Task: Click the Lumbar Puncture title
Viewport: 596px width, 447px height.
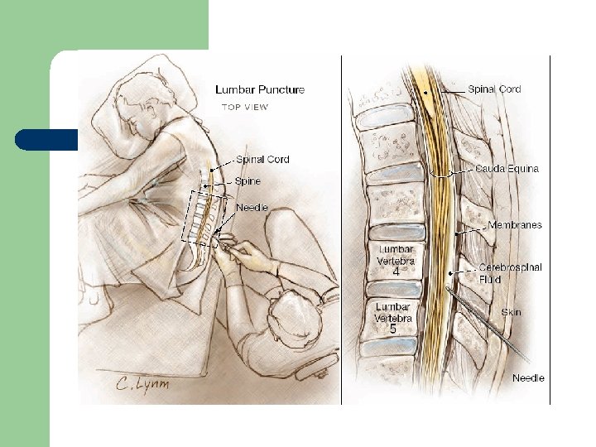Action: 260,89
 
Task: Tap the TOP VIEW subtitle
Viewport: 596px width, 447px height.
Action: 244,107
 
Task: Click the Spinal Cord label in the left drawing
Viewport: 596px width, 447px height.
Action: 262,159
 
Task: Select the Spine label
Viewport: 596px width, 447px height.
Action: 248,180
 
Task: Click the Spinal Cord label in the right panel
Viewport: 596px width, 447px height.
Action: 495,89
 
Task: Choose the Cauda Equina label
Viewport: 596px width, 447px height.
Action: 507,168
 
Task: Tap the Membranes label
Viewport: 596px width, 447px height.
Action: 515,224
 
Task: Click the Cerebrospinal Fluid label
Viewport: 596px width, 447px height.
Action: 510,273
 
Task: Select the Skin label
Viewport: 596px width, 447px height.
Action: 512,312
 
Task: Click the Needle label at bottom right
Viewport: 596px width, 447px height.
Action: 528,377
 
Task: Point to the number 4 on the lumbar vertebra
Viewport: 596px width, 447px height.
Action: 397,271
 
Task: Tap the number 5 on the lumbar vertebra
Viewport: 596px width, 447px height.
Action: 393,329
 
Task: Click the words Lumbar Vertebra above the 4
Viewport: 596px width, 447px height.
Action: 397,253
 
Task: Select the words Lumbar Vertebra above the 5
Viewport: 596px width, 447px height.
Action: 393,312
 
